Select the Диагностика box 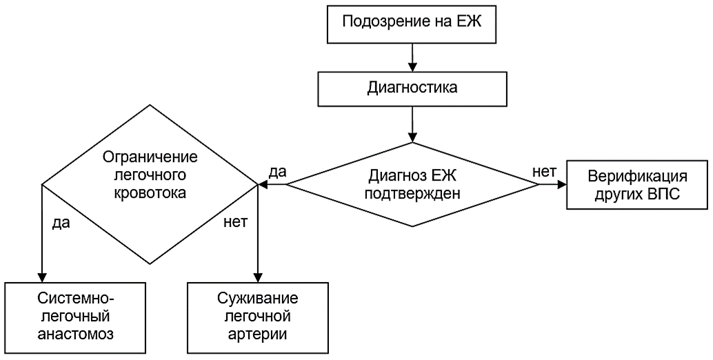click(x=412, y=88)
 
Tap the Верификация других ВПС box click(x=637, y=184)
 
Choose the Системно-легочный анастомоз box click(x=75, y=318)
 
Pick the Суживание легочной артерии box click(x=258, y=318)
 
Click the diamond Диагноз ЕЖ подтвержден click(x=412, y=184)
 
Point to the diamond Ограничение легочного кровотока click(x=150, y=184)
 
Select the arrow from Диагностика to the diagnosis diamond click(x=412, y=124)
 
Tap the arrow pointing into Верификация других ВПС click(x=552, y=184)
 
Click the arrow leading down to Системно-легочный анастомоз click(x=42, y=234)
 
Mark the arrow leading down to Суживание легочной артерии click(x=258, y=234)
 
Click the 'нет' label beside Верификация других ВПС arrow click(x=544, y=171)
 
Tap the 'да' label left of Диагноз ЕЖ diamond click(x=279, y=172)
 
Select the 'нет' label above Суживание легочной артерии click(x=235, y=223)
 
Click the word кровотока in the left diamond click(x=150, y=192)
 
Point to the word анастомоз click(x=75, y=334)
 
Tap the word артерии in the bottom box click(x=258, y=334)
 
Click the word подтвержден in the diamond click(x=412, y=193)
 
